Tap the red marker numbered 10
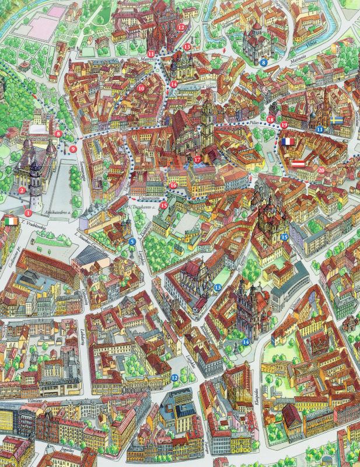point(141,89)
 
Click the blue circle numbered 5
point(132,241)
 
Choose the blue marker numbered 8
point(264,61)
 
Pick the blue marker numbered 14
point(246,341)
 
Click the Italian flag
point(10,222)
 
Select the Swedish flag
point(336,120)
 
